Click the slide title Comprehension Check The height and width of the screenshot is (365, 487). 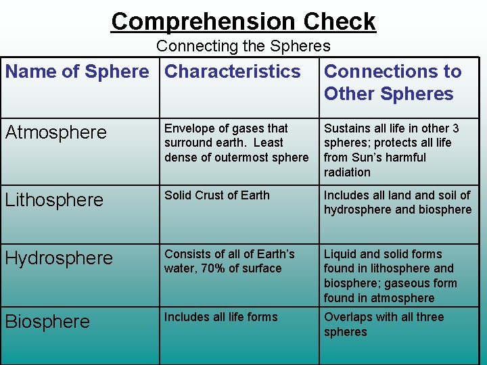tap(243, 22)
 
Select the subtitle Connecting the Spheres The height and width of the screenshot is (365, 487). tap(243, 46)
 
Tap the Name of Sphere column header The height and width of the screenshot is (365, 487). tap(77, 72)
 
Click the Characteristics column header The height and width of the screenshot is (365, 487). tap(233, 72)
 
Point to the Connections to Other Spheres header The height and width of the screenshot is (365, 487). tap(392, 82)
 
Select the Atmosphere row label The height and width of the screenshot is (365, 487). tap(55, 132)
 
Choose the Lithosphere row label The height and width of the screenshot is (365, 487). tap(54, 200)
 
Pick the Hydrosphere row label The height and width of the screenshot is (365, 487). tap(59, 258)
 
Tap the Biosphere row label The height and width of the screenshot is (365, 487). tap(47, 322)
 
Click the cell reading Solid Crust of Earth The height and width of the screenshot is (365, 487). tap(217, 195)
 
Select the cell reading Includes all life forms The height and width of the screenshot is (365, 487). tap(221, 317)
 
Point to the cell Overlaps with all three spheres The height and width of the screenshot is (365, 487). tap(384, 324)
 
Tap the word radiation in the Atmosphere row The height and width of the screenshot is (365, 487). tap(347, 172)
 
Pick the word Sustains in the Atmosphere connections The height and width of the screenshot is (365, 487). tap(346, 128)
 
